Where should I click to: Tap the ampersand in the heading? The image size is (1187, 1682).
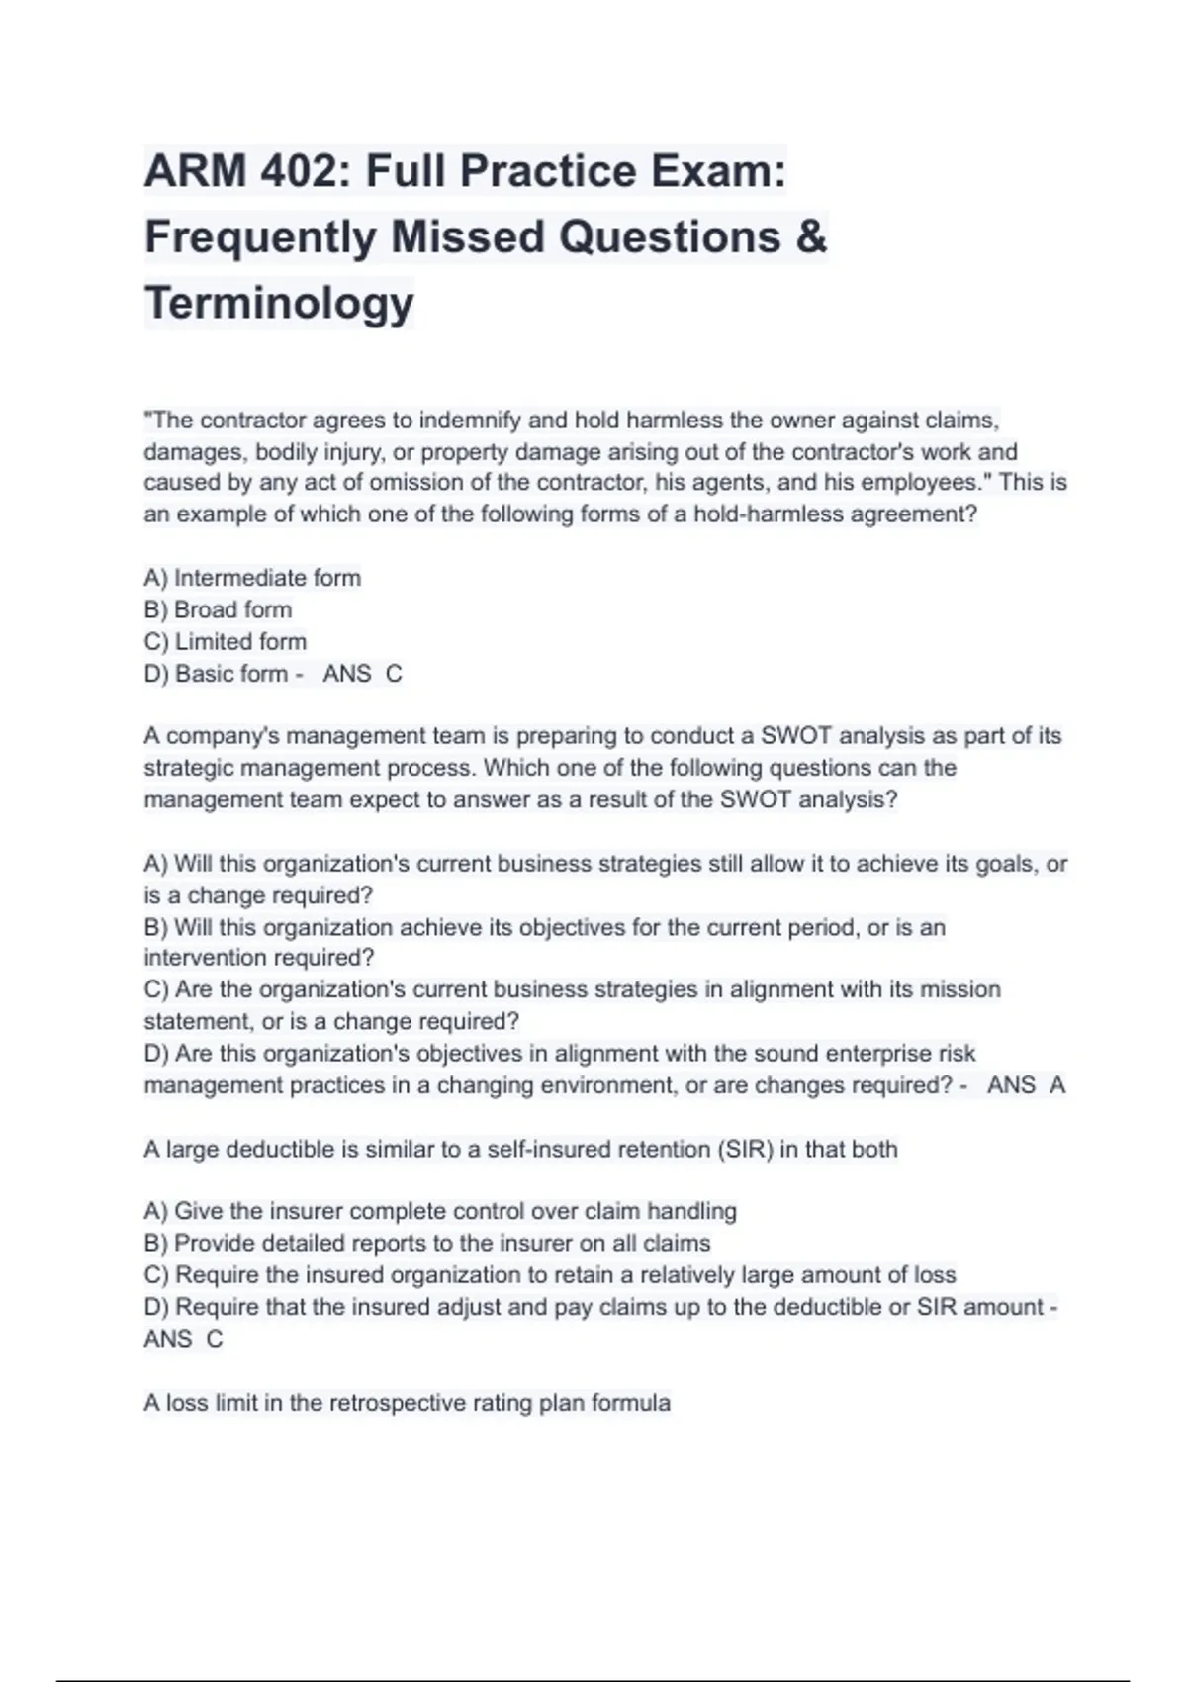click(x=811, y=236)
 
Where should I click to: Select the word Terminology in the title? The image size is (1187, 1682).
click(x=279, y=303)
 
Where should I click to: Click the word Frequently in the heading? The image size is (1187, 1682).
click(x=260, y=237)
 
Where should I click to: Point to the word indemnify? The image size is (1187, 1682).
click(x=470, y=420)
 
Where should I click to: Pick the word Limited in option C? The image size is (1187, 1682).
click(x=213, y=641)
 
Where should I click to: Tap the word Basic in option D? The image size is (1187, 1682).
click(x=202, y=674)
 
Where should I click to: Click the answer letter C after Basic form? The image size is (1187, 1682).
click(x=394, y=674)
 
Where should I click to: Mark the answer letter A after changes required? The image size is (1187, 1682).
click(x=1057, y=1085)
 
